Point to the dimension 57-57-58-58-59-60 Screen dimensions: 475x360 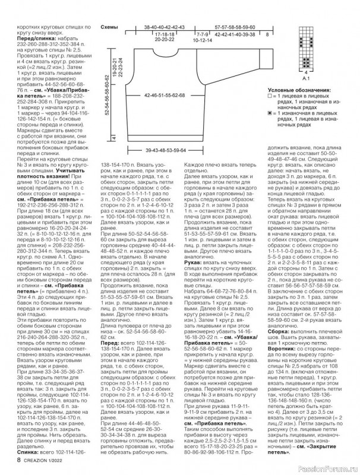235,27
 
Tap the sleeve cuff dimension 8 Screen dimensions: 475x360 268,35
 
